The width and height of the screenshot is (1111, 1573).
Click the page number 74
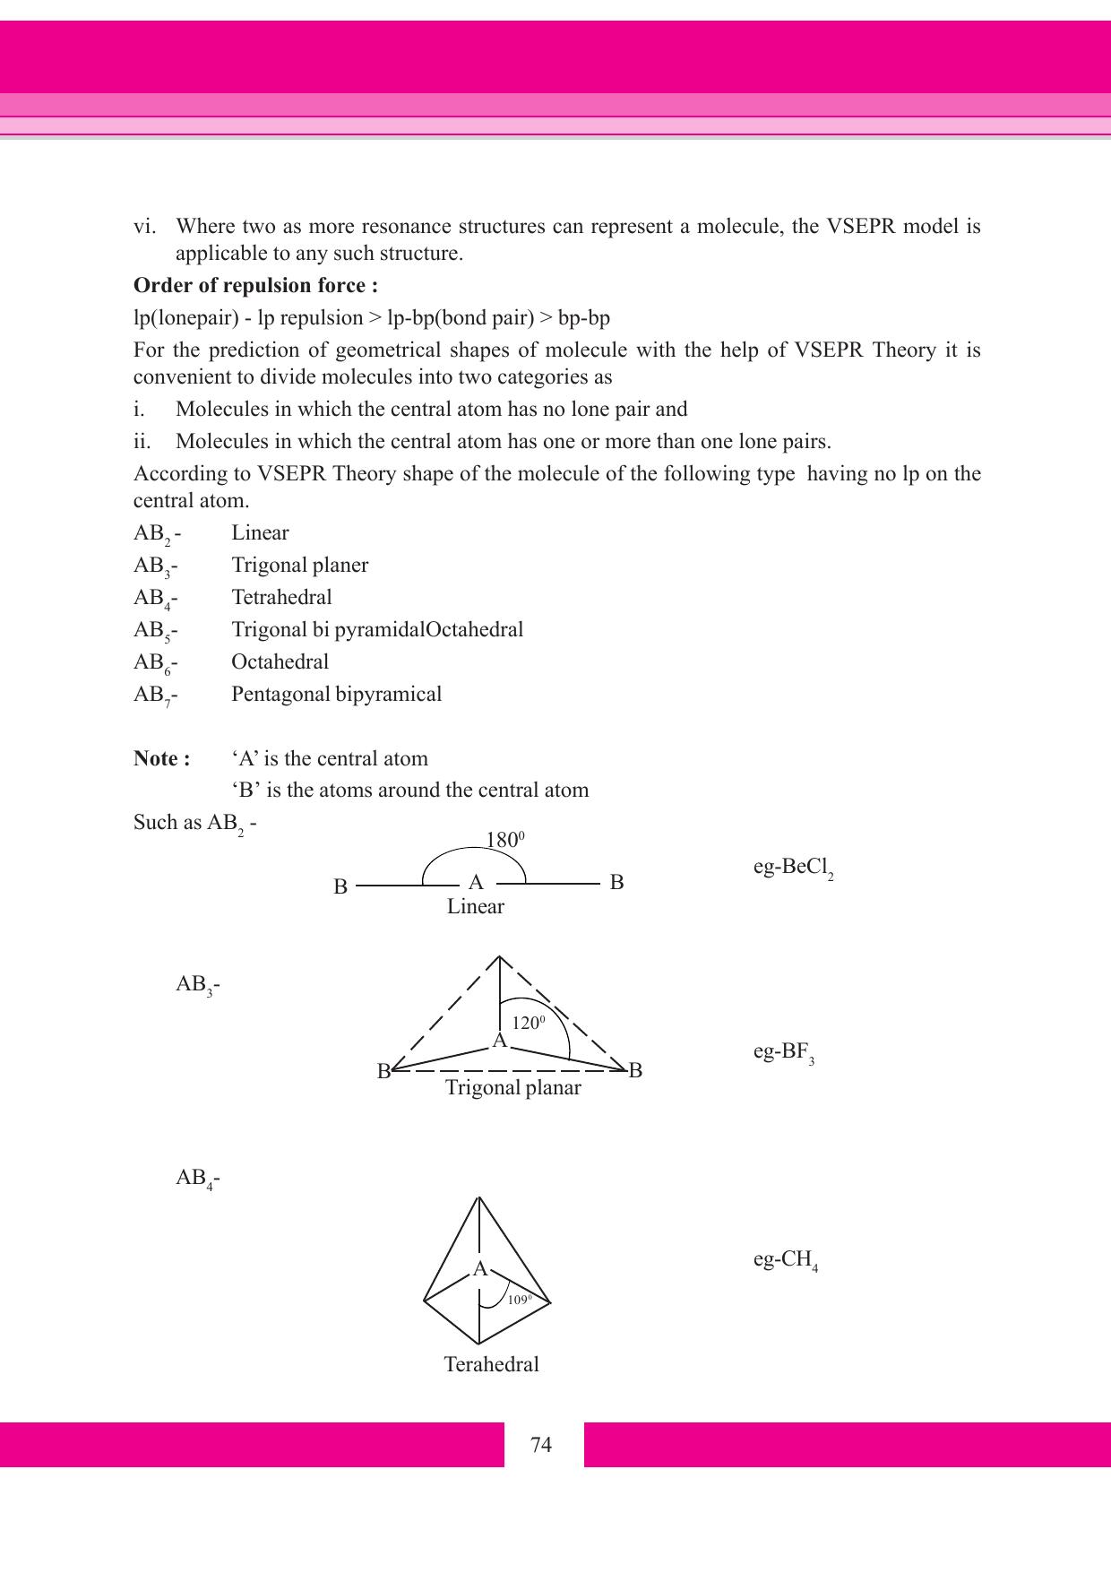point(541,1445)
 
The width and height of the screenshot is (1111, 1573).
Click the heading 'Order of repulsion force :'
point(255,286)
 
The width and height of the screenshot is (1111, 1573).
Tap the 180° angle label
point(504,840)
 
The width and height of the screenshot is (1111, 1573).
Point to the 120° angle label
point(529,1023)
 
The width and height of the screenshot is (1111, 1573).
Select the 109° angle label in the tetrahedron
point(519,1299)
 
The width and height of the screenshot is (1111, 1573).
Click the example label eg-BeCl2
point(793,869)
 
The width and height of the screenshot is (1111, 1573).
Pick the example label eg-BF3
point(783,1052)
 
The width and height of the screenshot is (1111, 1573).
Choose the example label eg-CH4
point(785,1260)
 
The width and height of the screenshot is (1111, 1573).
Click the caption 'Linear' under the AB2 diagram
point(476,906)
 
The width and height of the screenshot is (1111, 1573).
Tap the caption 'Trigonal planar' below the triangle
point(513,1088)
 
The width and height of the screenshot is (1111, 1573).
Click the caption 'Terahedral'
point(491,1365)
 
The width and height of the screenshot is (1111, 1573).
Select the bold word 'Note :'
point(161,758)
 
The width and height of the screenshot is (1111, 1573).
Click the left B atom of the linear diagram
point(340,887)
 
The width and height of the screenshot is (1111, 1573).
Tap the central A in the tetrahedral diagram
point(480,1269)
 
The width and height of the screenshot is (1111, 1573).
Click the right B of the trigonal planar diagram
point(635,1070)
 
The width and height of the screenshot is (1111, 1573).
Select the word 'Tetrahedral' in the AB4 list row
point(281,597)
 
